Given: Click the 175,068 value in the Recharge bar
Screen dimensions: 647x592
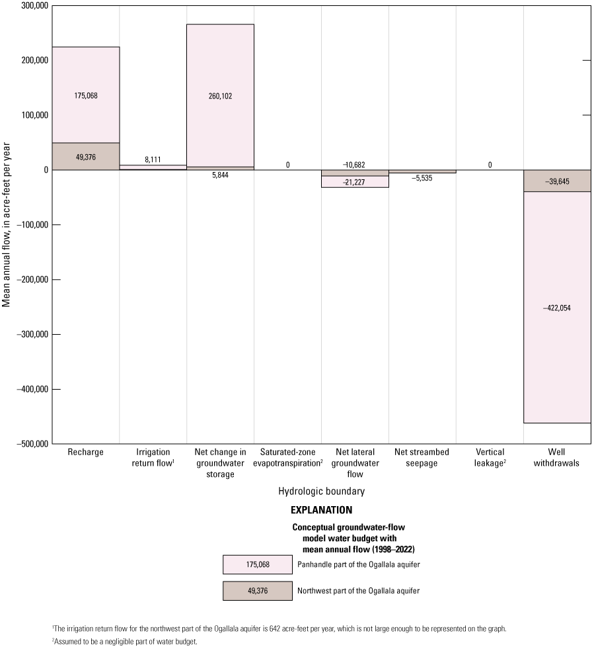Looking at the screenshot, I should (86, 95).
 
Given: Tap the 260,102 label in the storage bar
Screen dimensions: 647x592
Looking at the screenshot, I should (220, 95).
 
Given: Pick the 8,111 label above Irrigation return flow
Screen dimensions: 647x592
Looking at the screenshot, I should (153, 159).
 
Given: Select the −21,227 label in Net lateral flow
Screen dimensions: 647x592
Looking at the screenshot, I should (355, 183).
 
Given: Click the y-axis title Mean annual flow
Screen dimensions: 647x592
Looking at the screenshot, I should (7, 226).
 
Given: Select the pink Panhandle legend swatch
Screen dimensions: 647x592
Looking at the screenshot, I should (257, 564).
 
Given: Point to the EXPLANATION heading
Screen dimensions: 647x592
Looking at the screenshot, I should (322, 510).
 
